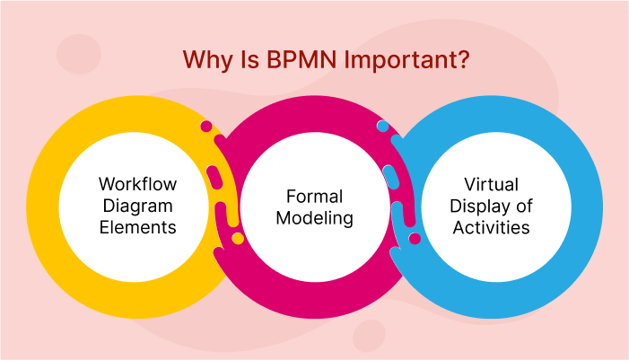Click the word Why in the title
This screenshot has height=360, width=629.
205,60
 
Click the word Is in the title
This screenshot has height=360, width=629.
240,60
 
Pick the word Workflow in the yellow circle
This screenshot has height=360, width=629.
137,184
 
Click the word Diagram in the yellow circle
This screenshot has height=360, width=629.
137,206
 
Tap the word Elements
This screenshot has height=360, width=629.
137,227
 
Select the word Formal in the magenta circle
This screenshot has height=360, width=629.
315,196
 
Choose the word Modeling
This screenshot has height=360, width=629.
315,218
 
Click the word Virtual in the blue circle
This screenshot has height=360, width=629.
492,184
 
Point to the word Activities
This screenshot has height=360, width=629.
492,227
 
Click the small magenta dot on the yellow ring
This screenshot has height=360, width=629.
206,127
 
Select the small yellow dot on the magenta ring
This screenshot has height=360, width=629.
238,238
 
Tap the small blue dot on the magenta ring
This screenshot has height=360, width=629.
382,127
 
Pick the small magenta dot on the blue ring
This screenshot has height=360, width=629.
415,238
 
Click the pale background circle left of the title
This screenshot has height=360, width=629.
79,54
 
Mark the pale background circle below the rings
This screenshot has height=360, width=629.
369,336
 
